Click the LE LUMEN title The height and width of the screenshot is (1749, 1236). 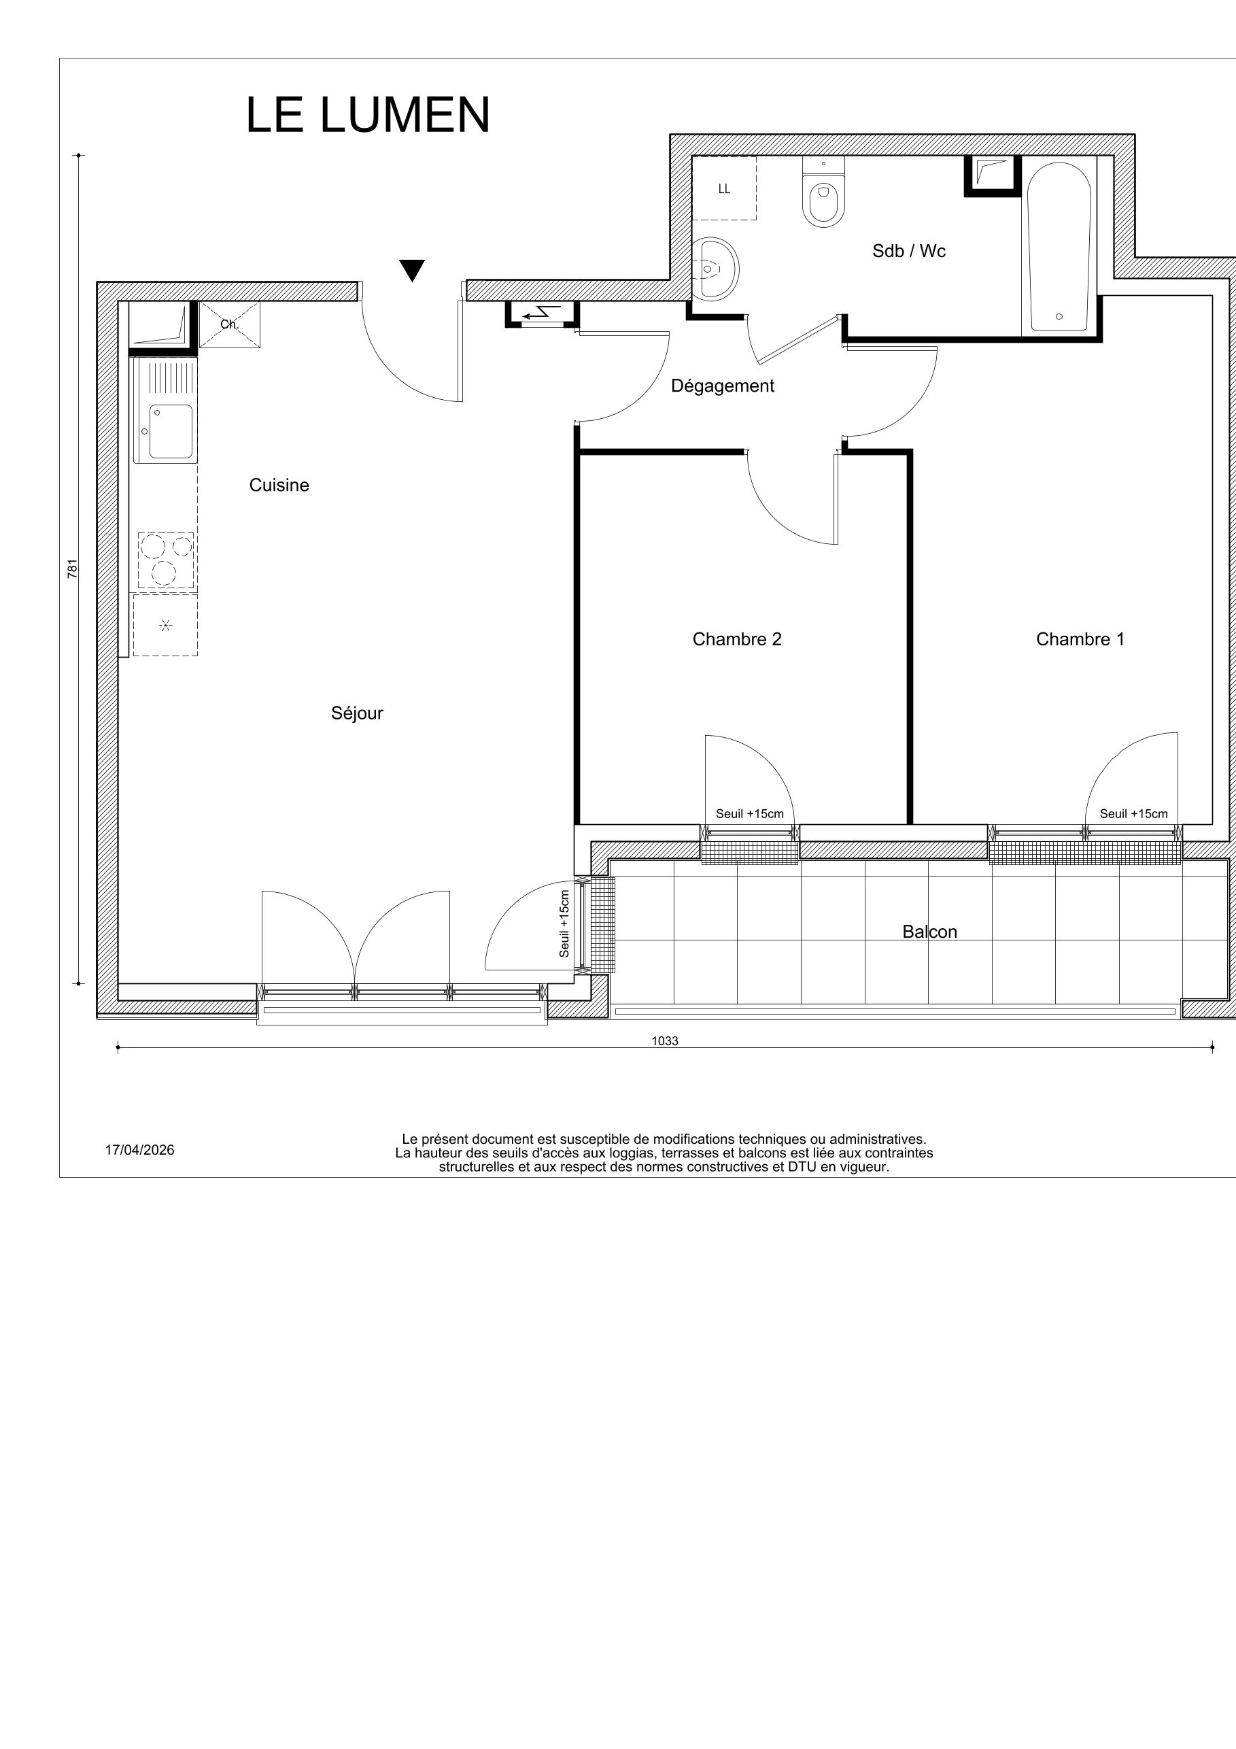[x=367, y=116]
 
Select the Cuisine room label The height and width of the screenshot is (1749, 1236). [x=279, y=486]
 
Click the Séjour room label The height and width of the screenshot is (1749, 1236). [x=356, y=713]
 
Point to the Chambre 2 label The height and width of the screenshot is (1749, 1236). [x=736, y=639]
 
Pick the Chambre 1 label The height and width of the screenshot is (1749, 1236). [x=1079, y=639]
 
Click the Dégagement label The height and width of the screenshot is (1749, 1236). [x=722, y=386]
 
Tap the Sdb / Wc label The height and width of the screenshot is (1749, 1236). [x=908, y=252]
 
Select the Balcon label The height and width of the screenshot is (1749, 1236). [x=929, y=932]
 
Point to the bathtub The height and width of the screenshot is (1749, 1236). [x=1058, y=248]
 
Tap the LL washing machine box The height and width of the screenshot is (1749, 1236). [x=724, y=189]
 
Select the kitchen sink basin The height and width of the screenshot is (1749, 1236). [x=171, y=431]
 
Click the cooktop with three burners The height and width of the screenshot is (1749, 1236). [x=165, y=560]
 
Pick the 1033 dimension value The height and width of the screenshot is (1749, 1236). [x=664, y=1040]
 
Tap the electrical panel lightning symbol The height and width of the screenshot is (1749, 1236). [x=541, y=312]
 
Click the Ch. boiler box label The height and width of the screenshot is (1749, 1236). [x=229, y=324]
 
